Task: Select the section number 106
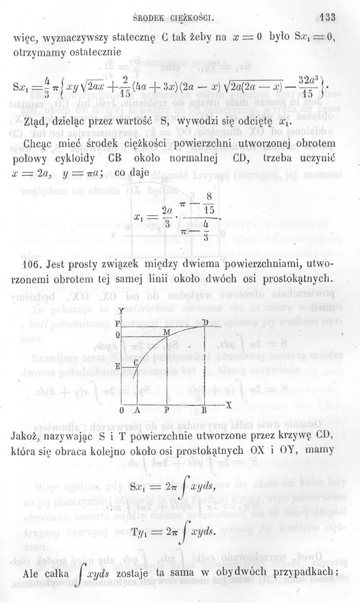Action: pos(31,265)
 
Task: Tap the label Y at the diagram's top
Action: pos(120,311)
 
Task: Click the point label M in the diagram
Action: pos(166,333)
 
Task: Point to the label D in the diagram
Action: pos(205,323)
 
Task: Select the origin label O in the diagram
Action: pos(121,411)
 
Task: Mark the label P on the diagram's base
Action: pos(167,411)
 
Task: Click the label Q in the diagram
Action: pos(117,334)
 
